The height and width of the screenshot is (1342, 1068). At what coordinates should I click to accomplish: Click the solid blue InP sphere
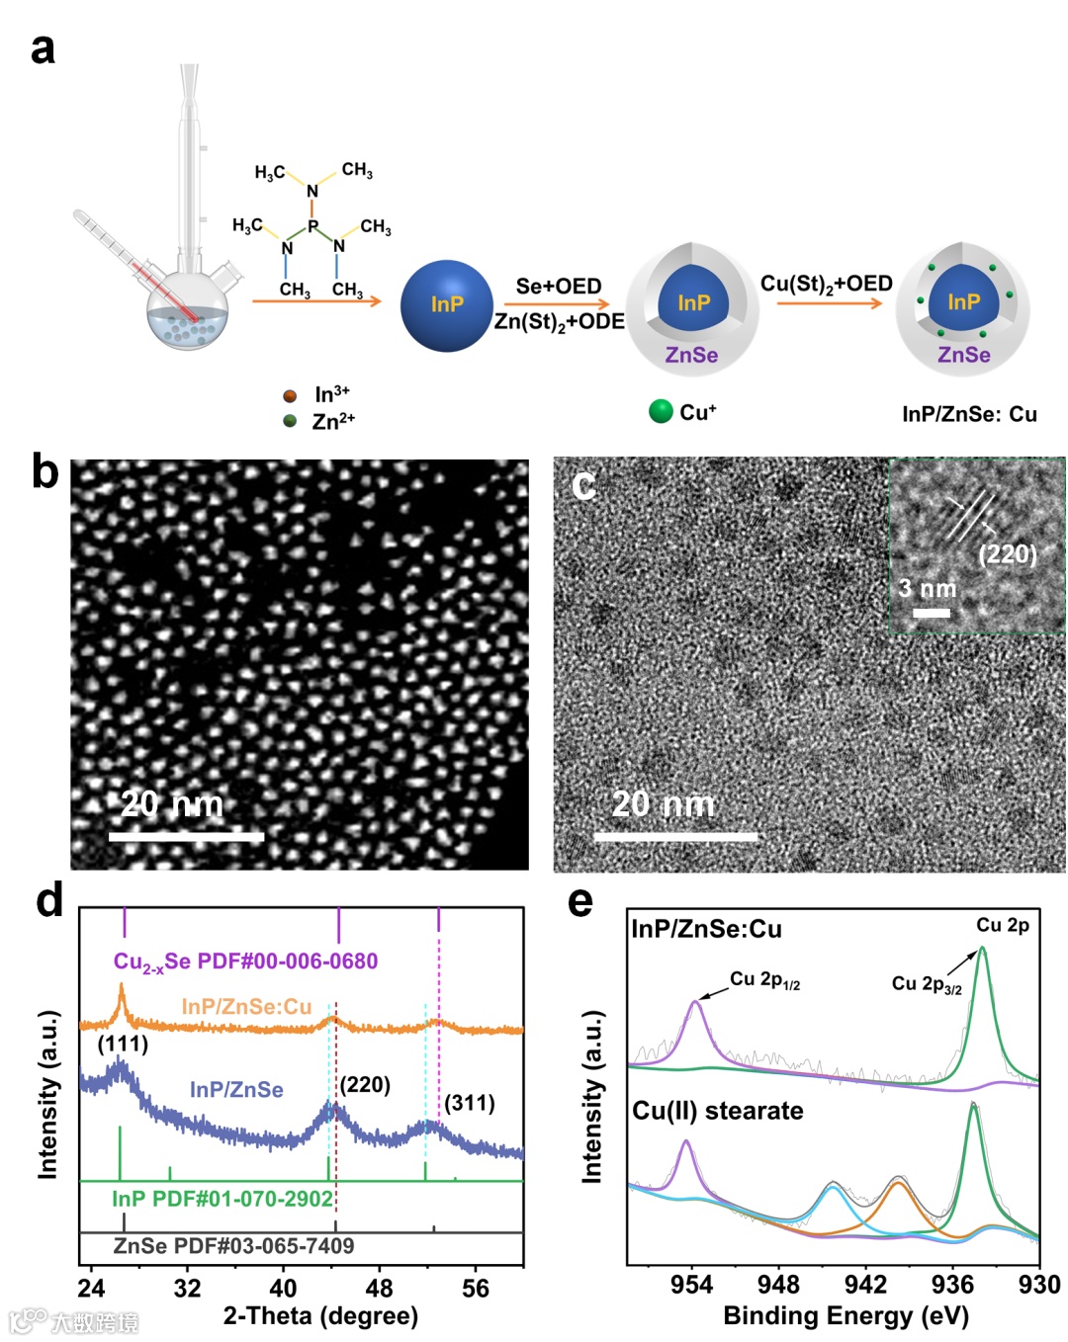pyautogui.click(x=447, y=305)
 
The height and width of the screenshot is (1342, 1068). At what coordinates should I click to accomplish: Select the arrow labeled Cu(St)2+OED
pyautogui.click(x=829, y=302)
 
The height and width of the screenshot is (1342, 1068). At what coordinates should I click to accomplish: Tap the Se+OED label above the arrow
pyautogui.click(x=559, y=287)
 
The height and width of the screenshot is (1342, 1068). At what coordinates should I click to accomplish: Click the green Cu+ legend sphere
pyautogui.click(x=661, y=411)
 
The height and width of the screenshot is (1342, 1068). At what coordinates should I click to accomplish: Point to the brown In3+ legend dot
pyautogui.click(x=290, y=395)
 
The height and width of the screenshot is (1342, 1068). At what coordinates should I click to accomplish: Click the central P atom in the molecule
pyautogui.click(x=312, y=226)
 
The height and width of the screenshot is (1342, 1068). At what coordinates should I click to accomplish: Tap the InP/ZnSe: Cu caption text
pyautogui.click(x=969, y=414)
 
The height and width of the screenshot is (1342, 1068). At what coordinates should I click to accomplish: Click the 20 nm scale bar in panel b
pyautogui.click(x=186, y=837)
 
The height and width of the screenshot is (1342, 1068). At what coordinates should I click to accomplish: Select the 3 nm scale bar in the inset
pyautogui.click(x=931, y=614)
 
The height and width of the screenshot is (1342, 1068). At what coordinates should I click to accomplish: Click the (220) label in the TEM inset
pyautogui.click(x=1007, y=553)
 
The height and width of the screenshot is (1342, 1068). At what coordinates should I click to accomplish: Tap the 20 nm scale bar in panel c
pyautogui.click(x=675, y=837)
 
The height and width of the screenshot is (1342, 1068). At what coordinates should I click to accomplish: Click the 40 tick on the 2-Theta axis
pyautogui.click(x=283, y=1289)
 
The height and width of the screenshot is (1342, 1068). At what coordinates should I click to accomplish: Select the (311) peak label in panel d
pyautogui.click(x=469, y=1103)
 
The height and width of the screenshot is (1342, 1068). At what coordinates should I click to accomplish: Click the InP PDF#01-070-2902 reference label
pyautogui.click(x=222, y=1199)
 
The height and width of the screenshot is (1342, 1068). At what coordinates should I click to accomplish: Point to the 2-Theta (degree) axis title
pyautogui.click(x=320, y=1316)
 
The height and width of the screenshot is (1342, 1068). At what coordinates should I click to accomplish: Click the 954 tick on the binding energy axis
pyautogui.click(x=691, y=1285)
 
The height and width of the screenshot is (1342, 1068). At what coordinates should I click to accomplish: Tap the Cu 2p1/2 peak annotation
pyautogui.click(x=764, y=979)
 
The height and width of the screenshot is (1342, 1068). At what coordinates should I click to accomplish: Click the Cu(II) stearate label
pyautogui.click(x=718, y=1111)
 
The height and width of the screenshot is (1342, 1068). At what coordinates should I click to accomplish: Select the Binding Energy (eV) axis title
pyautogui.click(x=845, y=1316)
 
